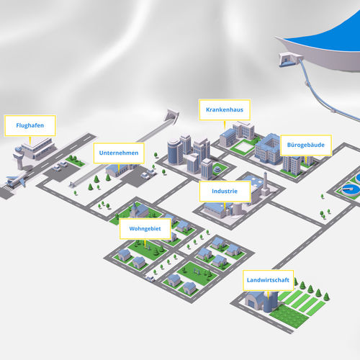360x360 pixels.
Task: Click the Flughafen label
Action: point(30,125)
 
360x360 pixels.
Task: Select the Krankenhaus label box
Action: point(225,109)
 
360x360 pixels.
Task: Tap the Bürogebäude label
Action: point(306,145)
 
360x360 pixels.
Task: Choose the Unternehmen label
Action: point(119,153)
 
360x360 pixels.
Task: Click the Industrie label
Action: point(225,192)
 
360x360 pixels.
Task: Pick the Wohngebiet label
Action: point(145,229)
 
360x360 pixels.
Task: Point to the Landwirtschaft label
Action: point(268,280)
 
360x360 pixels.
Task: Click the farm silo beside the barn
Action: point(271,302)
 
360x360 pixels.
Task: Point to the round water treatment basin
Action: point(351,189)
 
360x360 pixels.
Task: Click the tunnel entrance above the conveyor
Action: point(172,116)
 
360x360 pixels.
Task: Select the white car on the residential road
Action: point(150,279)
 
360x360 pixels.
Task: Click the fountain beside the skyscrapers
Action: point(217,168)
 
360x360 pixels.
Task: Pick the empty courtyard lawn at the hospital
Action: point(243,147)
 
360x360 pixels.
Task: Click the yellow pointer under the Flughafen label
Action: point(30,140)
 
